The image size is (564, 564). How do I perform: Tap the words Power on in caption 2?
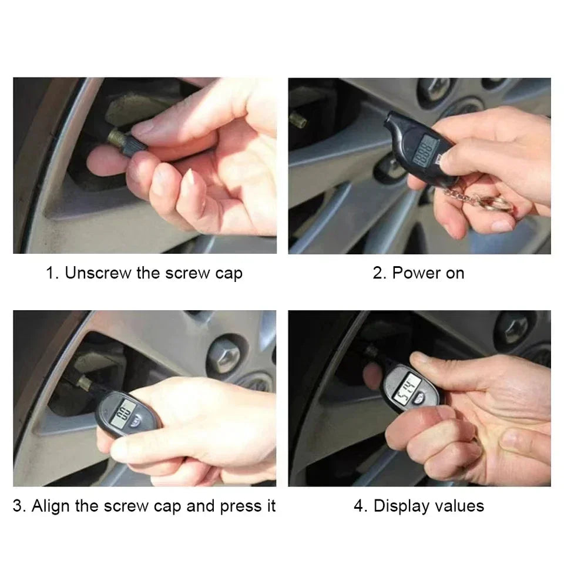(x=428, y=273)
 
